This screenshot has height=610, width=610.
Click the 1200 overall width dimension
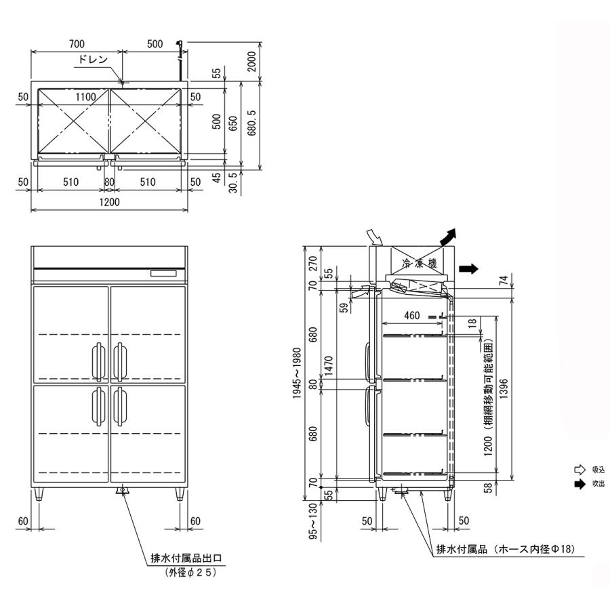(110, 202)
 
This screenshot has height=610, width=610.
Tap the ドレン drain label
(93, 59)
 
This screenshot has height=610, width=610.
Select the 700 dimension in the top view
(76, 44)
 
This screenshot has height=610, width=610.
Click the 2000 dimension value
(252, 62)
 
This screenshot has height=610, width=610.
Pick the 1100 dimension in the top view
(85, 97)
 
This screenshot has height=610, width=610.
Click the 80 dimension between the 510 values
(110, 182)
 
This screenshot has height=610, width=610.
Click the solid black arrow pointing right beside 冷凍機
(468, 268)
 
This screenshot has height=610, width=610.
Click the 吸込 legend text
(598, 469)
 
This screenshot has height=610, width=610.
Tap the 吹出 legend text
(598, 484)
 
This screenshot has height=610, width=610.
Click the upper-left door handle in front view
(98, 361)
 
